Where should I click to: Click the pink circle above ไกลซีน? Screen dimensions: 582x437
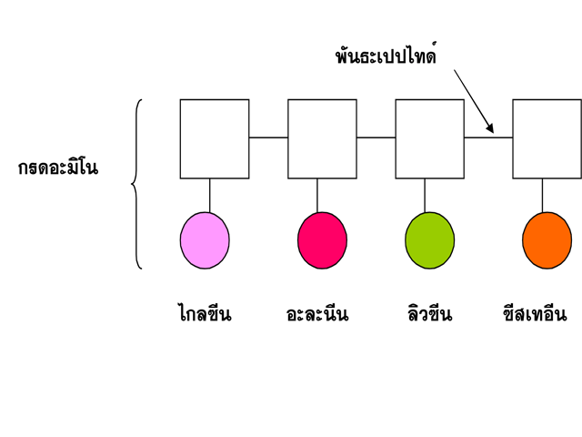pos(205,240)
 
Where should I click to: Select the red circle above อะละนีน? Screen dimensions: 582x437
pos(322,240)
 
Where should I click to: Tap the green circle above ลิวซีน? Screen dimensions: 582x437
pos(429,240)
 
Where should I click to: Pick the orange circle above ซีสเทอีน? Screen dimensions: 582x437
pos(547,240)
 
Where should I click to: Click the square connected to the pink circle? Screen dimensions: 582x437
pos(215,138)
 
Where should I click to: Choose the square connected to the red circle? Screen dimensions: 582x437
pos(322,138)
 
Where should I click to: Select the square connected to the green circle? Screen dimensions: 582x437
pos(430,138)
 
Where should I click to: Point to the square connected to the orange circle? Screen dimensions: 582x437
pos(547,138)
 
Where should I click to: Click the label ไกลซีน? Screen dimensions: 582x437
pos(205,315)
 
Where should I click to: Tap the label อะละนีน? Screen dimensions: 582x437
pos(317,315)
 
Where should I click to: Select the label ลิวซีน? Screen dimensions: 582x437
pos(430,315)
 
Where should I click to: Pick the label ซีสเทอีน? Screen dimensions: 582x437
pos(535,315)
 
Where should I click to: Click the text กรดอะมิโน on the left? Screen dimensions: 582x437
pos(57,168)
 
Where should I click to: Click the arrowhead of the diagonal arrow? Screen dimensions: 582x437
pos(491,129)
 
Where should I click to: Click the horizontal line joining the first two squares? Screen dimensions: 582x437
pos(268,137)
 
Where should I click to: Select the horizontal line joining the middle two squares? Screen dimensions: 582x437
pos(376,137)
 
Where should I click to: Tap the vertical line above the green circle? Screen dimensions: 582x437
pos(425,195)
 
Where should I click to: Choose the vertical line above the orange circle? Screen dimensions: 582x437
pos(543,195)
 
